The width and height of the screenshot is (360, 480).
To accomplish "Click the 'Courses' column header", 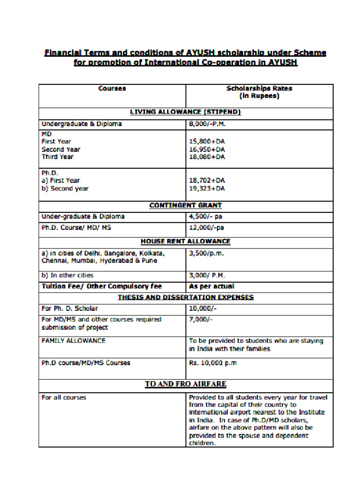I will coord(112,88).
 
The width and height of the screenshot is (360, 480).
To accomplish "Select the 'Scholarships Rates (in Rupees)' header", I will coord(259,92).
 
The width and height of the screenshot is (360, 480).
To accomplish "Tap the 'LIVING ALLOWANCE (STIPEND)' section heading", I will coord(185,112).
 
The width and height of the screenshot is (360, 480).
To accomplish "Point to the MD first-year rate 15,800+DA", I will coord(207,141).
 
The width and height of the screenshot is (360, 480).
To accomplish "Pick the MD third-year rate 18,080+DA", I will coord(207,157).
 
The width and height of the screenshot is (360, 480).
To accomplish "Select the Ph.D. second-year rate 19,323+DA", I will coord(207,188).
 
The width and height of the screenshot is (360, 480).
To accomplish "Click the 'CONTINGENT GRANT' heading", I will coord(185,205).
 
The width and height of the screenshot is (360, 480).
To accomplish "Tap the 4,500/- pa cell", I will coord(205,217).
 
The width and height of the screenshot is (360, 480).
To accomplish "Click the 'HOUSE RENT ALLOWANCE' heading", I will coord(185,241).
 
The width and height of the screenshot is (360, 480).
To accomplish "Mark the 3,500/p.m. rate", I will coord(206,253).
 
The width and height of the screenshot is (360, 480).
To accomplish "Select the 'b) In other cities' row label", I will coord(67,275).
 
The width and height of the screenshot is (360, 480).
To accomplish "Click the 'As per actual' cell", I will coord(211,286).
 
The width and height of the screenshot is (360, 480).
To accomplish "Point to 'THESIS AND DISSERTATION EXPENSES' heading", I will coord(185,297).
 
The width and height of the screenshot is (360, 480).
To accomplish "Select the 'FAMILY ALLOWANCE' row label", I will coord(74,341).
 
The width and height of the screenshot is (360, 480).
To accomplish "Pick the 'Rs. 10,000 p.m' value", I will coord(213,363).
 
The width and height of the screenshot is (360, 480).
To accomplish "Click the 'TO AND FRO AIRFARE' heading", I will coord(185,384).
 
